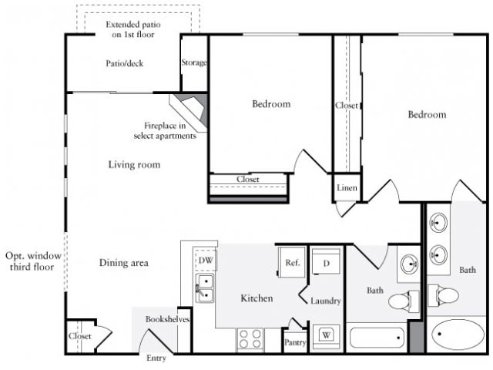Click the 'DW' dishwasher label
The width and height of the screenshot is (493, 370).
[205, 261]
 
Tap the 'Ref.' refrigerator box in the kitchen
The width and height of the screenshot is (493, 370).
[292, 262]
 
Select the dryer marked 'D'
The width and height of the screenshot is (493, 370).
[326, 263]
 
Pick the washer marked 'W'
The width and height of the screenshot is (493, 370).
[326, 335]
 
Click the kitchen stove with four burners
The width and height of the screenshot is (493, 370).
[250, 338]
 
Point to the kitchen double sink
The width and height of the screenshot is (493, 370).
[204, 291]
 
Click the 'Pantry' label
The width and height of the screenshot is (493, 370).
[295, 341]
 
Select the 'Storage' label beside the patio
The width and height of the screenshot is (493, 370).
[194, 63]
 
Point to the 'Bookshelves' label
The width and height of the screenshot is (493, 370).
[168, 319]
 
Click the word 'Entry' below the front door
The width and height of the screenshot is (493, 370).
[156, 358]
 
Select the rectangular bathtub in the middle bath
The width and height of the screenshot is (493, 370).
[376, 338]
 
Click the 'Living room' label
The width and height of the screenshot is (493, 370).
[134, 164]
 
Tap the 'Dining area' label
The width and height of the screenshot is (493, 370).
[124, 263]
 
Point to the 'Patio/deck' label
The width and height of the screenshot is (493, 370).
[125, 63]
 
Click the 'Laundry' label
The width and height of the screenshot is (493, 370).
[326, 301]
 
